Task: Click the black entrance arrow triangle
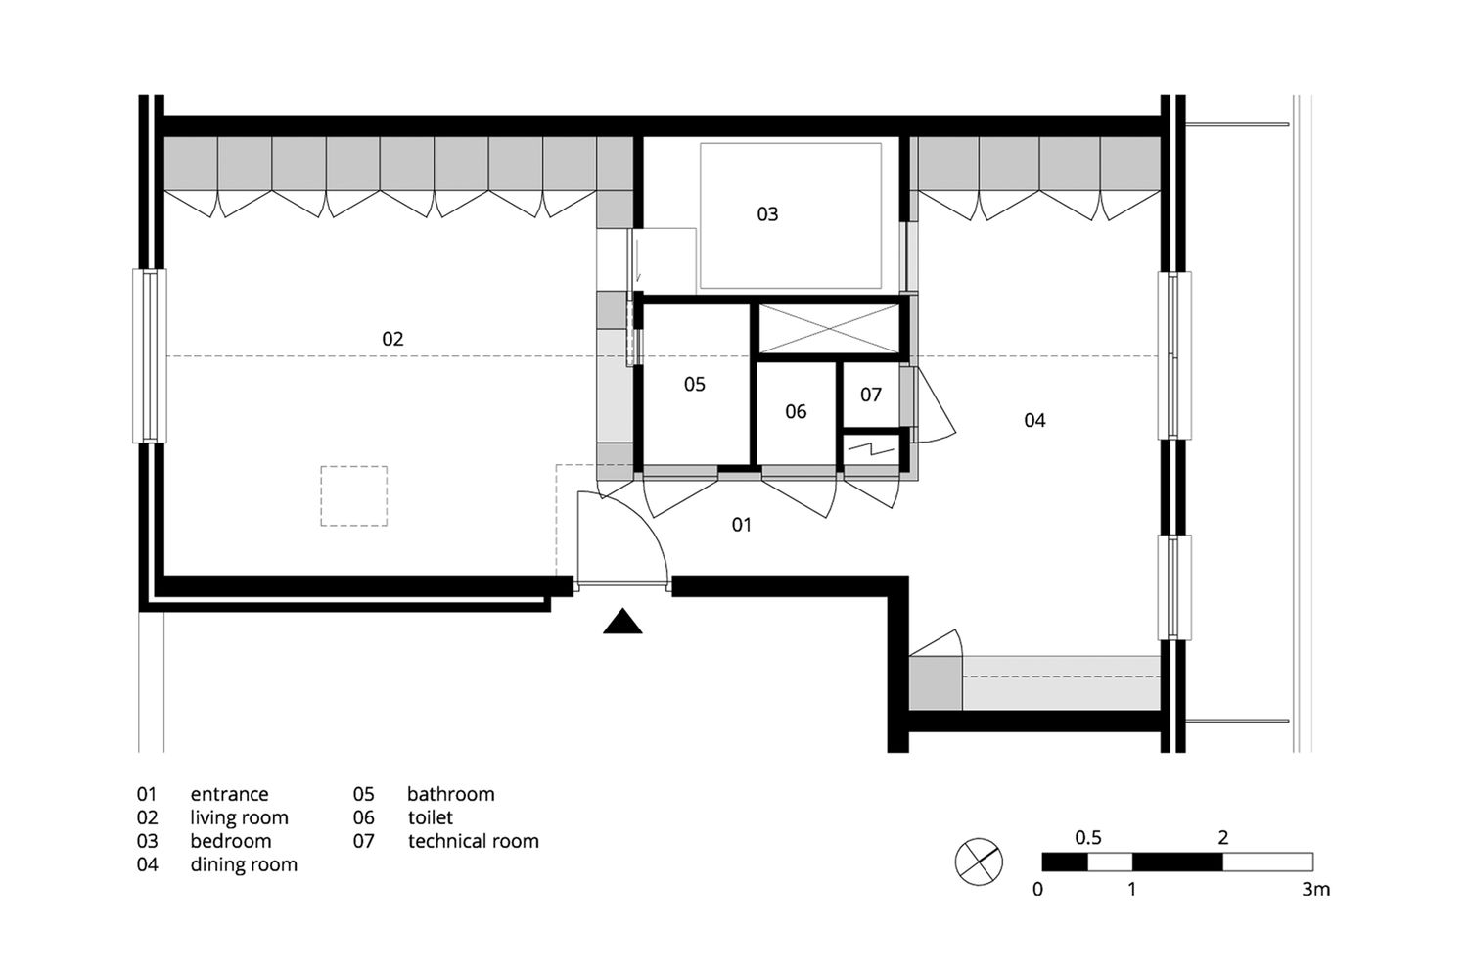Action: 622,622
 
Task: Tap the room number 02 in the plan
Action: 392,339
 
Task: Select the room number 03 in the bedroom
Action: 767,214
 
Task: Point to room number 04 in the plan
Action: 1034,420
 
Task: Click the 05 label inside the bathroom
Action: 695,385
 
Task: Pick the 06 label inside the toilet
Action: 796,412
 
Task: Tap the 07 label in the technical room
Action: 871,395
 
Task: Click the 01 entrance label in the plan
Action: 742,525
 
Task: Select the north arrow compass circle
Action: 979,862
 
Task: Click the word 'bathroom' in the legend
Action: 451,794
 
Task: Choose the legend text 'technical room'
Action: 474,841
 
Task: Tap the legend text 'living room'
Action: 239,817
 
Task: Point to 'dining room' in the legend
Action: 244,864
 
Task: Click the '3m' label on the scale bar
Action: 1316,890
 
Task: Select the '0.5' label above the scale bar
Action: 1088,838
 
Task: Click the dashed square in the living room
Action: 353,496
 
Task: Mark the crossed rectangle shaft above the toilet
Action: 829,328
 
